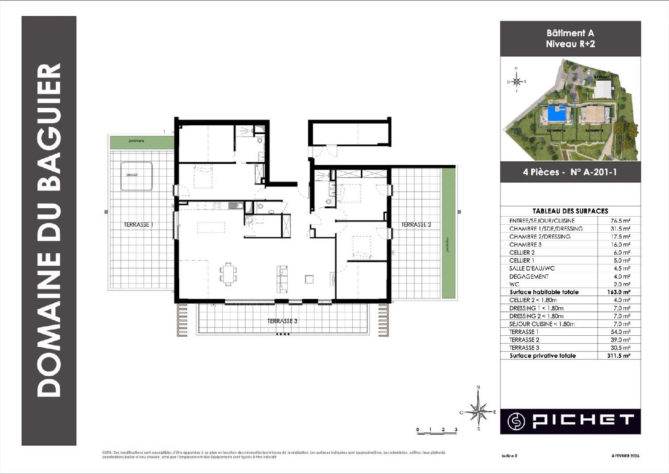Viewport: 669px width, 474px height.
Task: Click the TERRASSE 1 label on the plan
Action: tap(138, 225)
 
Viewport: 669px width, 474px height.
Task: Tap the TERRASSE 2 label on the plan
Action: tap(416, 225)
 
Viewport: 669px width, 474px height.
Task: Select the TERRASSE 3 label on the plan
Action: tap(282, 321)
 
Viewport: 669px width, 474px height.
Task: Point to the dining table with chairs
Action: tap(228, 273)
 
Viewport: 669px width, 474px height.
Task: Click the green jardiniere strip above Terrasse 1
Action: tap(142, 142)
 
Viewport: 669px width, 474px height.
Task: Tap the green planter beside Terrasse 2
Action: tap(448, 234)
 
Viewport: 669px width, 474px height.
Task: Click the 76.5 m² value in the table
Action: tap(620, 221)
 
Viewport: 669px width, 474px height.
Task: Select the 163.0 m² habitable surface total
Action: tap(620, 292)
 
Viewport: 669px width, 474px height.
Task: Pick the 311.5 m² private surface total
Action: tap(619, 356)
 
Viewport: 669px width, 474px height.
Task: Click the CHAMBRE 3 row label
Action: tap(525, 245)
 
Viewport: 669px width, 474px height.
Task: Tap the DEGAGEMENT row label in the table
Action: tap(529, 276)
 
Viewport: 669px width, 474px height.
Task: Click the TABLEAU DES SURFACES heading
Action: tap(570, 211)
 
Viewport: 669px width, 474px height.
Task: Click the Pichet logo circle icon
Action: tap(516, 421)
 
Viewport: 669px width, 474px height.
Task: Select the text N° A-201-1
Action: tap(593, 172)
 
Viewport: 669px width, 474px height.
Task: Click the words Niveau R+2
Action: tap(570, 44)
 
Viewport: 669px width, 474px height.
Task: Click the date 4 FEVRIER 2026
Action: tap(625, 456)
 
